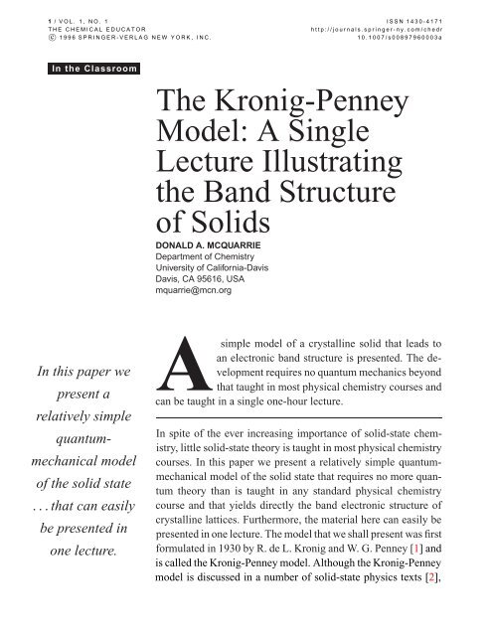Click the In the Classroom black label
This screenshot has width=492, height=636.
(x=96, y=70)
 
